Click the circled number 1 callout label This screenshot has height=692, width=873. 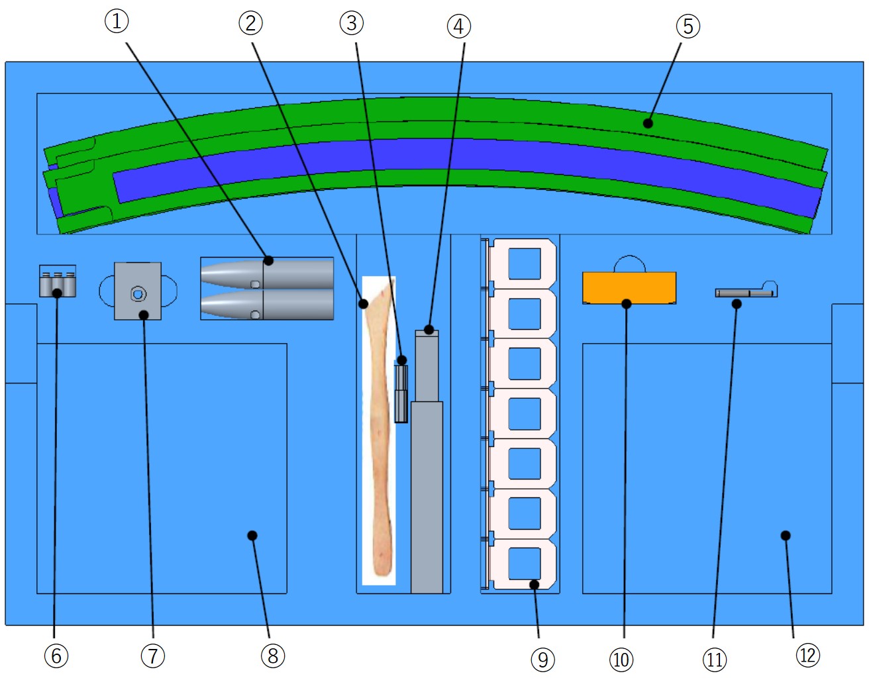point(117,21)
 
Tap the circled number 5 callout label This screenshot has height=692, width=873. point(688,26)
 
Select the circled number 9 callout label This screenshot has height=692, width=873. point(542,660)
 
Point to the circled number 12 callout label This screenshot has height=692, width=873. point(807,656)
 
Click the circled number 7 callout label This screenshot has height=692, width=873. point(152,656)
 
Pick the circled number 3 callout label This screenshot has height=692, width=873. point(352,23)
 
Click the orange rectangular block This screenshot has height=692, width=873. point(629,287)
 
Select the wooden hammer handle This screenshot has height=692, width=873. point(380,424)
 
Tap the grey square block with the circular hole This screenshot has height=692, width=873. point(138,291)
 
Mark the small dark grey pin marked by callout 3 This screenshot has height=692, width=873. point(401,394)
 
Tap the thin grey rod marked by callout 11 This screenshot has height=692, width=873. point(742,292)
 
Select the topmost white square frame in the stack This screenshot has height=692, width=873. point(523,263)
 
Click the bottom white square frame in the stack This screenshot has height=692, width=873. point(523,563)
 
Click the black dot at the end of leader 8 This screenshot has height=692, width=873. point(252,535)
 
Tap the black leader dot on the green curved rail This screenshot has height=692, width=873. point(648,123)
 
